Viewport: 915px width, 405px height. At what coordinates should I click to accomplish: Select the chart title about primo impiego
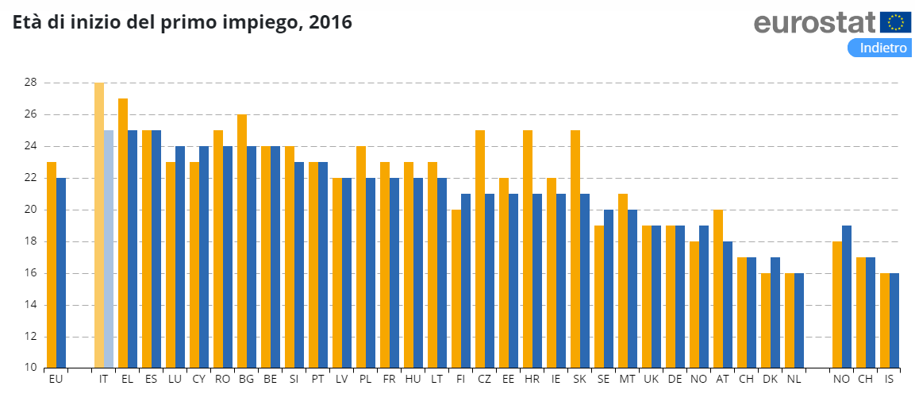tap(182, 23)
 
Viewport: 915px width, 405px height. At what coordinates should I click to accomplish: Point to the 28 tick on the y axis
tap(30, 83)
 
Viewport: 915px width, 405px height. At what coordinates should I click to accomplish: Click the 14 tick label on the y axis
tap(30, 305)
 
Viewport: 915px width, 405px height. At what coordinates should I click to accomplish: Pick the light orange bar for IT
tap(99, 225)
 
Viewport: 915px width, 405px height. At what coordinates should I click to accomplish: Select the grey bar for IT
tap(109, 249)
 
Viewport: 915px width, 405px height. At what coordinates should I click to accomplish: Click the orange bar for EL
tap(123, 233)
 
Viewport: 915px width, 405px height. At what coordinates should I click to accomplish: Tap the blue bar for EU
tap(61, 272)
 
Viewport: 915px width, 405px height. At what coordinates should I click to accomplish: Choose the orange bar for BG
tap(242, 241)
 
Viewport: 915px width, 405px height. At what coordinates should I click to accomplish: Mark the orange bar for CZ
tap(480, 249)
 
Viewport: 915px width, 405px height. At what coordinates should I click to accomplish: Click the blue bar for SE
tap(609, 288)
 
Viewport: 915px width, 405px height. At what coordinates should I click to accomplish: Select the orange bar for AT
tap(718, 288)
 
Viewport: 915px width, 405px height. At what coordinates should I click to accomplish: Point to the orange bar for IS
tap(885, 320)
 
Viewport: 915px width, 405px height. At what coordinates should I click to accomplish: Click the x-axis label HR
tap(532, 380)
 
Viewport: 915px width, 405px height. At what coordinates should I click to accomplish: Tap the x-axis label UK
tap(651, 380)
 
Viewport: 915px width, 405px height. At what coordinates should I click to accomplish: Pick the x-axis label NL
tap(794, 380)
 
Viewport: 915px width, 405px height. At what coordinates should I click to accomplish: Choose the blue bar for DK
tap(775, 312)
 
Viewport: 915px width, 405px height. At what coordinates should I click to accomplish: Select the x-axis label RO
tap(222, 380)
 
